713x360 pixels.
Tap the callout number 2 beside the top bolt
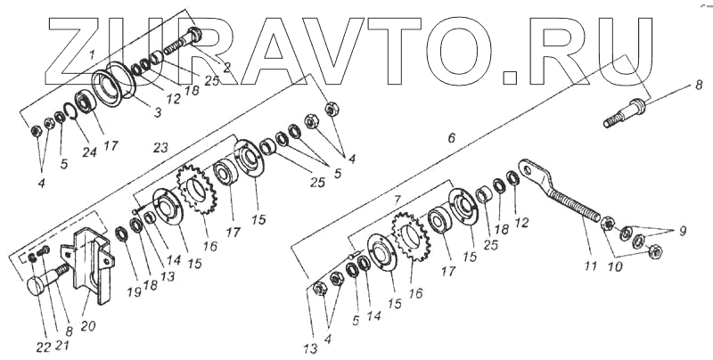(226, 66)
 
